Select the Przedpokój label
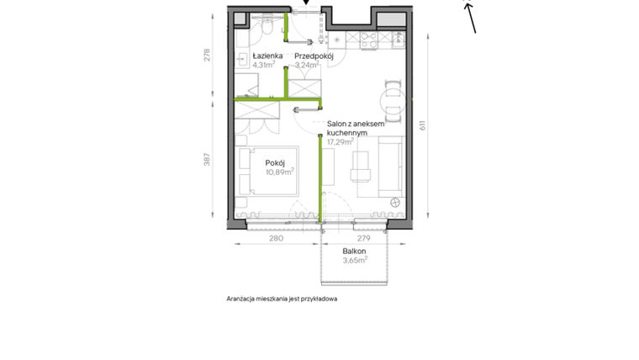[x=314, y=56]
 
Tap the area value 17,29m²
[x=341, y=142]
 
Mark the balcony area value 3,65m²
[x=355, y=261]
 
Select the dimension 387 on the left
[x=208, y=160]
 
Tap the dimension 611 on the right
[x=425, y=124]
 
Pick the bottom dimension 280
[x=276, y=239]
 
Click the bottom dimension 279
[x=365, y=239]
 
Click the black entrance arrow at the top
[x=306, y=3]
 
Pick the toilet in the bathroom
[x=264, y=29]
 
